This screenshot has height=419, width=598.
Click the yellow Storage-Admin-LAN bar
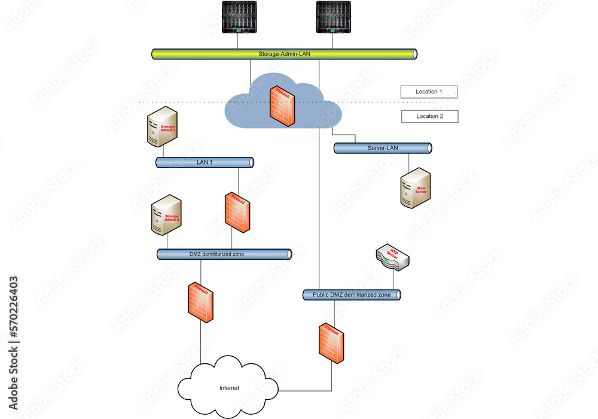point(283,54)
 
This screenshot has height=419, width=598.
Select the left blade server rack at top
point(239,17)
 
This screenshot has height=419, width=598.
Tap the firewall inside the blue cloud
point(282,106)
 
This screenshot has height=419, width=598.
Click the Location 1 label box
point(429,92)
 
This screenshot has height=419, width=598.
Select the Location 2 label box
point(429,116)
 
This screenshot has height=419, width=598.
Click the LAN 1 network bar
point(205,162)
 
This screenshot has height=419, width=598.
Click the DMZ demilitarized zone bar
point(224,254)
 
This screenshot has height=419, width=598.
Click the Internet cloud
point(229,381)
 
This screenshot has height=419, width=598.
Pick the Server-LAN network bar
point(383,148)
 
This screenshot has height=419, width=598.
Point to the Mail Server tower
point(415,188)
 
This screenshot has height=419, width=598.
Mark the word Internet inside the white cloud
point(229,388)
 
